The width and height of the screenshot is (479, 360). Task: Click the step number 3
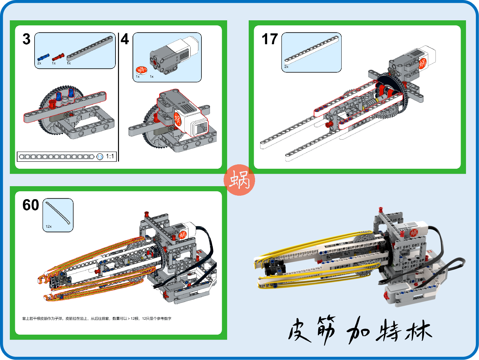[27, 39]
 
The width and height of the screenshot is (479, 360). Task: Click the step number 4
[125, 39]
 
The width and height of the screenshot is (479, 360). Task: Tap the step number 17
[270, 39]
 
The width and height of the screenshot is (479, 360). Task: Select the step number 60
[30, 205]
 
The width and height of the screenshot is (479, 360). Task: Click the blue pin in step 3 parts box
[43, 57]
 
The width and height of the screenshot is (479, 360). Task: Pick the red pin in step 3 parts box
[58, 57]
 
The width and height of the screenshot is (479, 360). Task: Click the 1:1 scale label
[110, 156]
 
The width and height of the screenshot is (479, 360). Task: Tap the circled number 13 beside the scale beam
[100, 157]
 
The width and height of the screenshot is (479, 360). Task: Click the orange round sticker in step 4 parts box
[141, 70]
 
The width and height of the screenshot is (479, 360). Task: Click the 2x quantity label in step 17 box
[286, 67]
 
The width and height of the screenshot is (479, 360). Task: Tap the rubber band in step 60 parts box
[57, 213]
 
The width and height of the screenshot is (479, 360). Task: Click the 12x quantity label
[49, 226]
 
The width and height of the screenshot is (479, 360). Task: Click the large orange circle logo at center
[239, 180]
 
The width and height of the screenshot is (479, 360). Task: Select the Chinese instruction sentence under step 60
[97, 318]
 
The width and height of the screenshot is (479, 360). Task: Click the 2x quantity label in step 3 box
[39, 63]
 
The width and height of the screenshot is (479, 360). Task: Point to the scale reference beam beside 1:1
[56, 157]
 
